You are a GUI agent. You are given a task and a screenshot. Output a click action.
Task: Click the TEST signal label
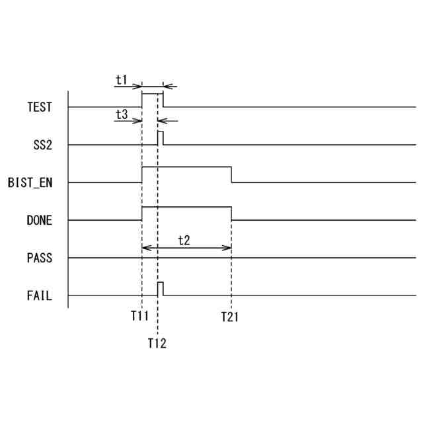click(39, 106)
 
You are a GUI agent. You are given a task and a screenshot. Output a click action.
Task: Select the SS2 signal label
click(42, 145)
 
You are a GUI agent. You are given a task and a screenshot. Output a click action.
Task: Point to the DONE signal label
click(39, 221)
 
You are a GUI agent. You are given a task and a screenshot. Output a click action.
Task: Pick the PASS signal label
click(39, 258)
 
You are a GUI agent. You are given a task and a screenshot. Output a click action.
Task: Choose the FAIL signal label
click(39, 295)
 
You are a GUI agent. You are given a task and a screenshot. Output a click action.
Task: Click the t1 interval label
click(122, 79)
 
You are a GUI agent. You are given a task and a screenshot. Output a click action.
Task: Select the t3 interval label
click(122, 114)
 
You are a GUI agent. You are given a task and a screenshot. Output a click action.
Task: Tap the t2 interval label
click(184, 240)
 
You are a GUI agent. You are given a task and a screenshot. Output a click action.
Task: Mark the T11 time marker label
click(139, 317)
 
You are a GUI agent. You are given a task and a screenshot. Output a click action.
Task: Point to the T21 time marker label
click(229, 317)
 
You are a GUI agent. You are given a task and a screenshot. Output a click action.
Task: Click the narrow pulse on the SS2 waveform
click(161, 137)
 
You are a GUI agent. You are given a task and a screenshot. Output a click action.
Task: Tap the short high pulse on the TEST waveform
click(153, 95)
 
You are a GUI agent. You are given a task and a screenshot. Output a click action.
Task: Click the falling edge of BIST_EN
click(231, 176)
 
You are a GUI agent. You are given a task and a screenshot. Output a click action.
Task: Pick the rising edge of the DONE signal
click(142, 213)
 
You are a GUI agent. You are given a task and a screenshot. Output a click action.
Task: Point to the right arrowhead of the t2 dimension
click(229, 248)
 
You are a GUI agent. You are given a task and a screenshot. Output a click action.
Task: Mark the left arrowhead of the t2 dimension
click(145, 248)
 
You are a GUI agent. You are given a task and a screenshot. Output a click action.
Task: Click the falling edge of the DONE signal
click(231, 213)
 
